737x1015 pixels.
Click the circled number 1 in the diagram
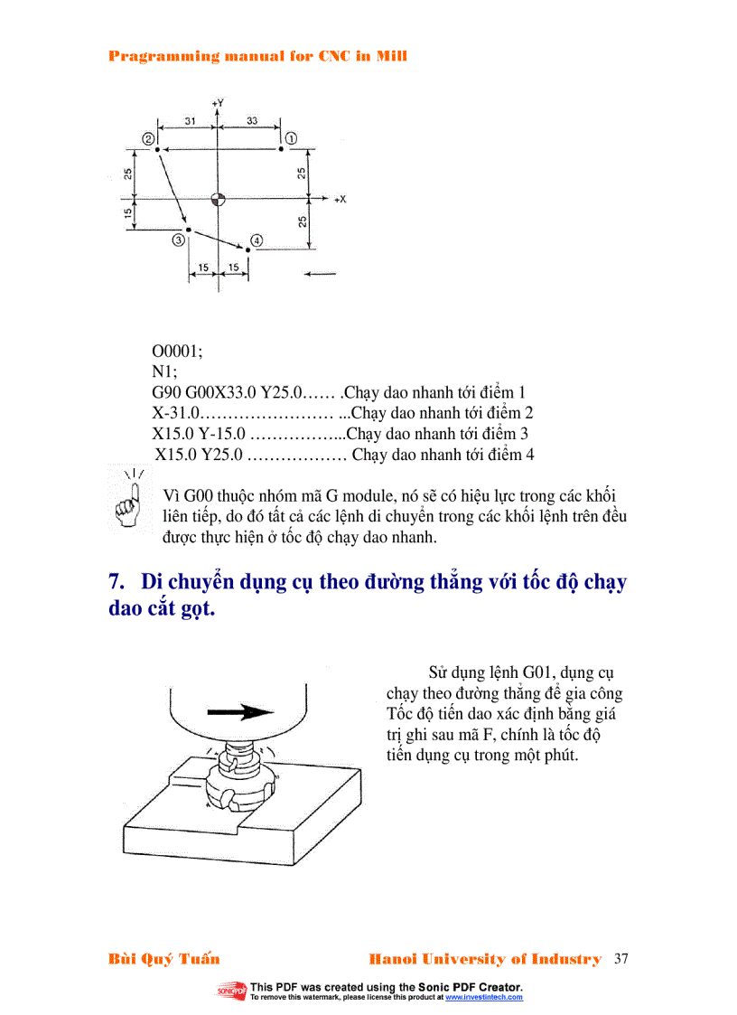(292, 137)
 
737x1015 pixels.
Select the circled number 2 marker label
(146, 137)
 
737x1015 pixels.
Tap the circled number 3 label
(179, 240)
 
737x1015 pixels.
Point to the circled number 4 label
(257, 240)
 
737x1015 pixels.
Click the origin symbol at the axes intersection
(217, 198)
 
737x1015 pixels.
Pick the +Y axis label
(217, 104)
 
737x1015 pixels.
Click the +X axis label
(340, 199)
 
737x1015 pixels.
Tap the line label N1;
(163, 372)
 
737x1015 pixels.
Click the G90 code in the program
(167, 393)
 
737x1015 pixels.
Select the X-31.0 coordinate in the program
(175, 414)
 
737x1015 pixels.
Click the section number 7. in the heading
(116, 581)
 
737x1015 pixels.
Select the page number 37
(620, 959)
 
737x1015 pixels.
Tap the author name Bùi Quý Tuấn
(163, 959)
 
